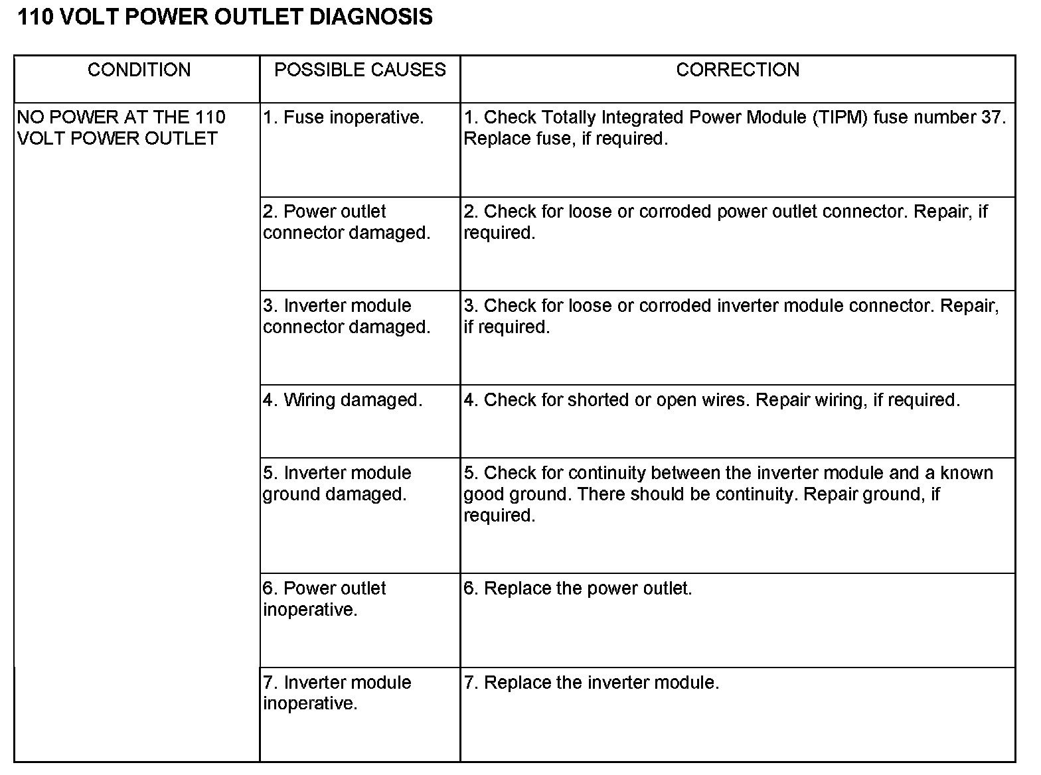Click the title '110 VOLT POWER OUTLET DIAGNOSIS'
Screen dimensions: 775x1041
coord(224,17)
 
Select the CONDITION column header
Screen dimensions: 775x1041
coord(139,70)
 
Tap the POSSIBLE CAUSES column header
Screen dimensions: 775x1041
coord(360,70)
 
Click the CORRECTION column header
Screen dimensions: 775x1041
coord(738,70)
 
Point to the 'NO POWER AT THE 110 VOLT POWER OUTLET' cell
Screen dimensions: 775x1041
coord(121,128)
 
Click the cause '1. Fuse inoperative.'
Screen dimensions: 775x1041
coord(343,117)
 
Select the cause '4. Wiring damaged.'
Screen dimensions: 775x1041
coord(343,400)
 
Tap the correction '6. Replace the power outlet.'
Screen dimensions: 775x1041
coord(578,589)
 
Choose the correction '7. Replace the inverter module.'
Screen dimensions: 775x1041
coord(591,683)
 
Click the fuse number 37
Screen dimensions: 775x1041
coord(992,117)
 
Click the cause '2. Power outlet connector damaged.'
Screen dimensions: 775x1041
coord(346,222)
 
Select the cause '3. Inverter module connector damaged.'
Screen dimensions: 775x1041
coord(346,317)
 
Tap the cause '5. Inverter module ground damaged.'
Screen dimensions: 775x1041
coord(337,484)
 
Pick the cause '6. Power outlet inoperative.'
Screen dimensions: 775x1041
coord(324,599)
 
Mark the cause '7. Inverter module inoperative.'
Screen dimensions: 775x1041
coord(337,693)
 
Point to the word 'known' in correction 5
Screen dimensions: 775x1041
coord(967,473)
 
